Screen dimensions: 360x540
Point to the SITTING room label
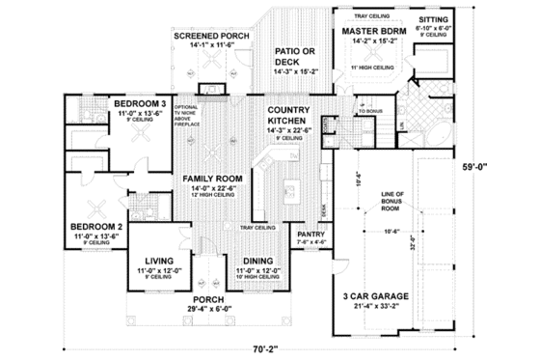pos(430,19)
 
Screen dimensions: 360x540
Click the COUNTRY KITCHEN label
pos(287,116)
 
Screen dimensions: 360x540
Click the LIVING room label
pos(157,260)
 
